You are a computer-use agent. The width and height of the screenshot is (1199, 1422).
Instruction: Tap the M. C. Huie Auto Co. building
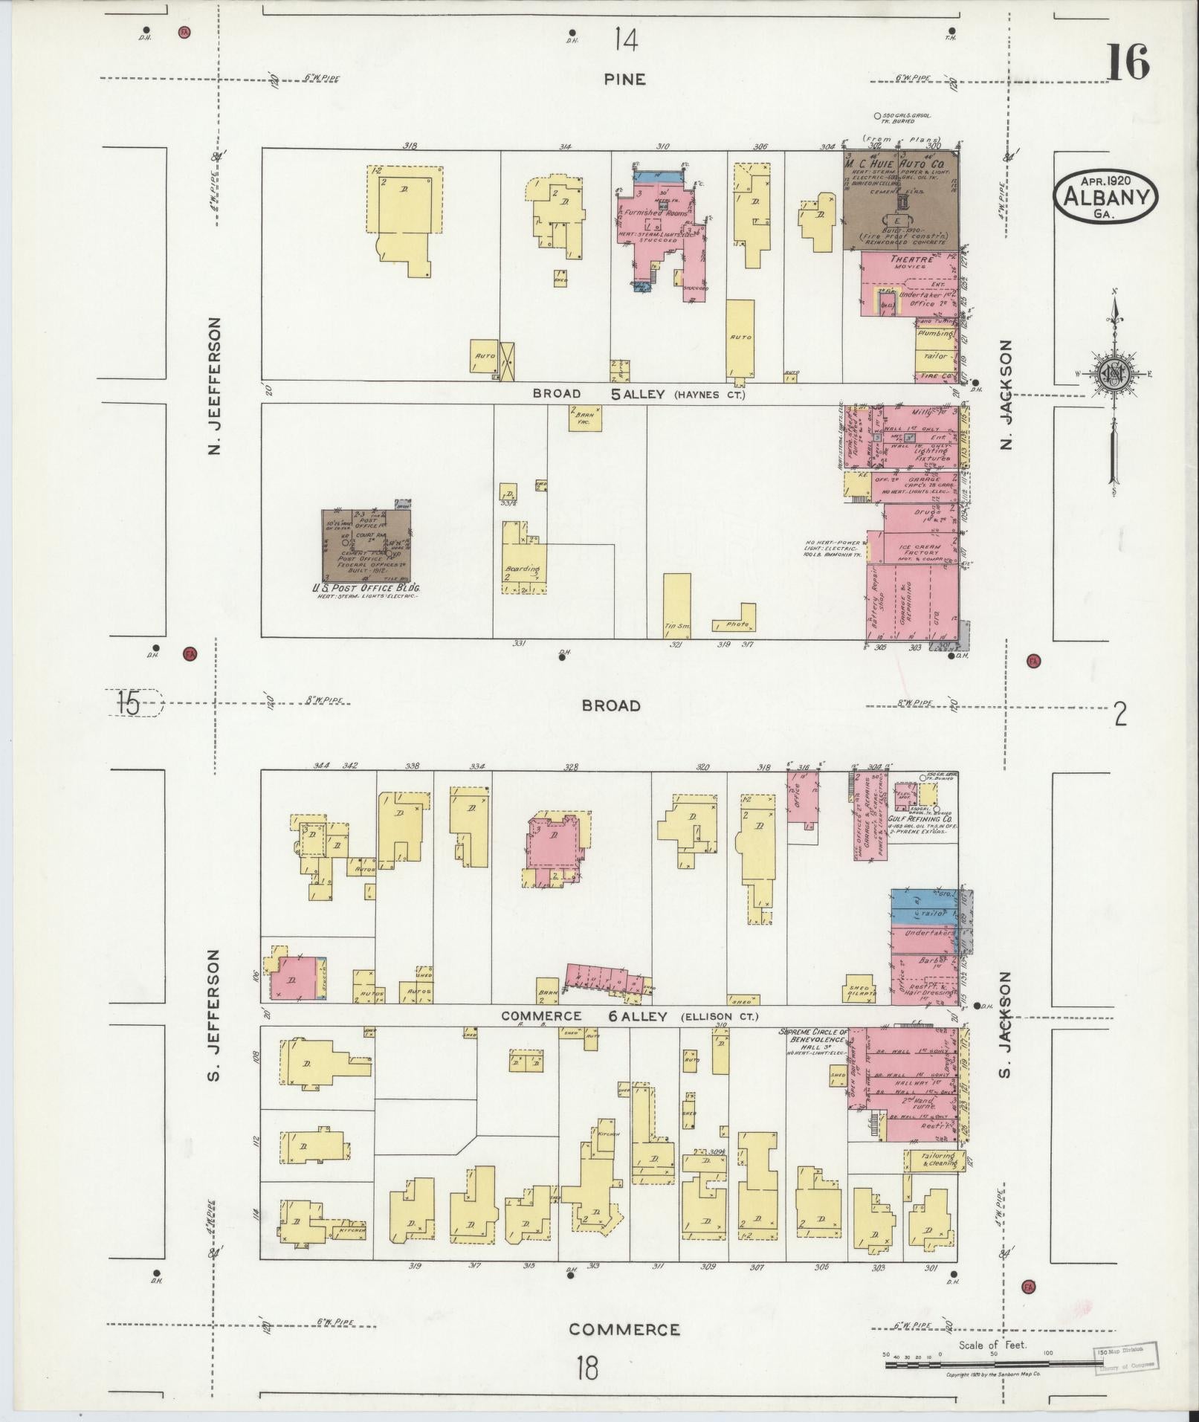click(900, 201)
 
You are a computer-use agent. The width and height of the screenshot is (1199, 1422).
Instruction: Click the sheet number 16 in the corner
click(1128, 62)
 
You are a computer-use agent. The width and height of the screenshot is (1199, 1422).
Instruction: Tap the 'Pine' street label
click(624, 80)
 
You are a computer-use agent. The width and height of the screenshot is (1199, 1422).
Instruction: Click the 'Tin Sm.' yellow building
click(676, 606)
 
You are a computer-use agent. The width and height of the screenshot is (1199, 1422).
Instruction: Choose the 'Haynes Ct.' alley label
click(708, 395)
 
